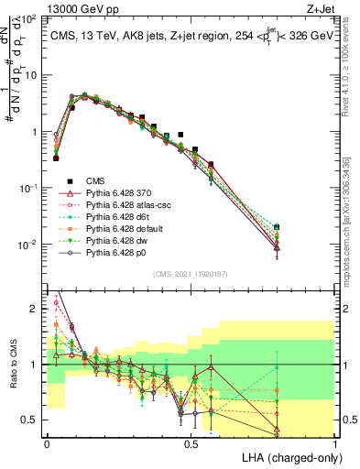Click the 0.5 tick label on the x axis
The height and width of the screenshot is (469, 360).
click(x=191, y=442)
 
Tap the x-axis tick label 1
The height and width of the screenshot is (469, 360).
click(x=334, y=442)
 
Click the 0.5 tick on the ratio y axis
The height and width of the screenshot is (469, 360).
click(x=31, y=420)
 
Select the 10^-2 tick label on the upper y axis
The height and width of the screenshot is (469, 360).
click(x=29, y=245)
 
